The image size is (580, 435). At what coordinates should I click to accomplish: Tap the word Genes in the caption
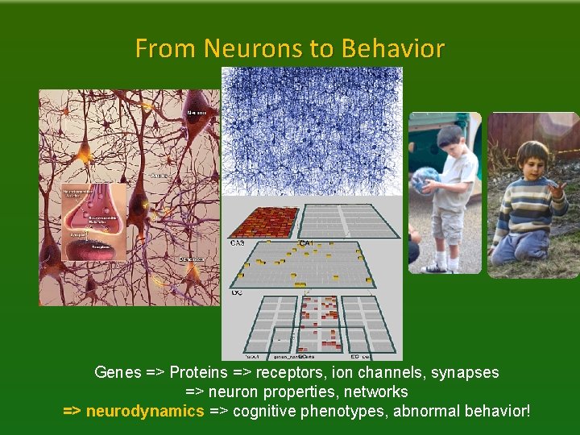pyautogui.click(x=118, y=373)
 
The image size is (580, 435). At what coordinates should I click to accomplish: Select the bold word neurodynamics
pyautogui.click(x=145, y=412)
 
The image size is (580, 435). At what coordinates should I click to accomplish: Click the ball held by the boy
pyautogui.click(x=425, y=180)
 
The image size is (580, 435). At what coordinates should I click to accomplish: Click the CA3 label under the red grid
pyautogui.click(x=238, y=242)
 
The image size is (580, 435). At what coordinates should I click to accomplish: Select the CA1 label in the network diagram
pyautogui.click(x=307, y=242)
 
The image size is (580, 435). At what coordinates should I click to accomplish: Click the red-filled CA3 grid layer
pyautogui.click(x=262, y=221)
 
